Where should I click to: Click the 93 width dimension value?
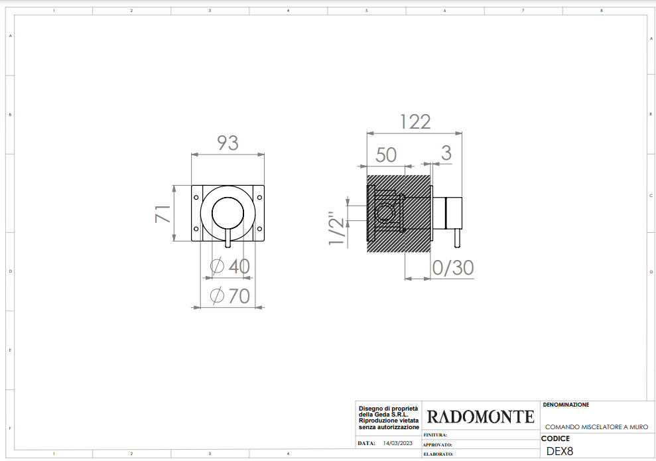point(228,143)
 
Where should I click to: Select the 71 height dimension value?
point(163,214)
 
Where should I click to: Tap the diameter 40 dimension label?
point(230,266)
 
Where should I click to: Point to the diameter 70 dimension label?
point(230,296)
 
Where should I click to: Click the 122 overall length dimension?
point(415,122)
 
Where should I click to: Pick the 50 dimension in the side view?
point(386,155)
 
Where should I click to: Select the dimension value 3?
point(446,153)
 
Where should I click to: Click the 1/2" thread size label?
point(337,228)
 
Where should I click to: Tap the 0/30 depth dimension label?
point(452,268)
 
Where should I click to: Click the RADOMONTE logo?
point(481,417)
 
